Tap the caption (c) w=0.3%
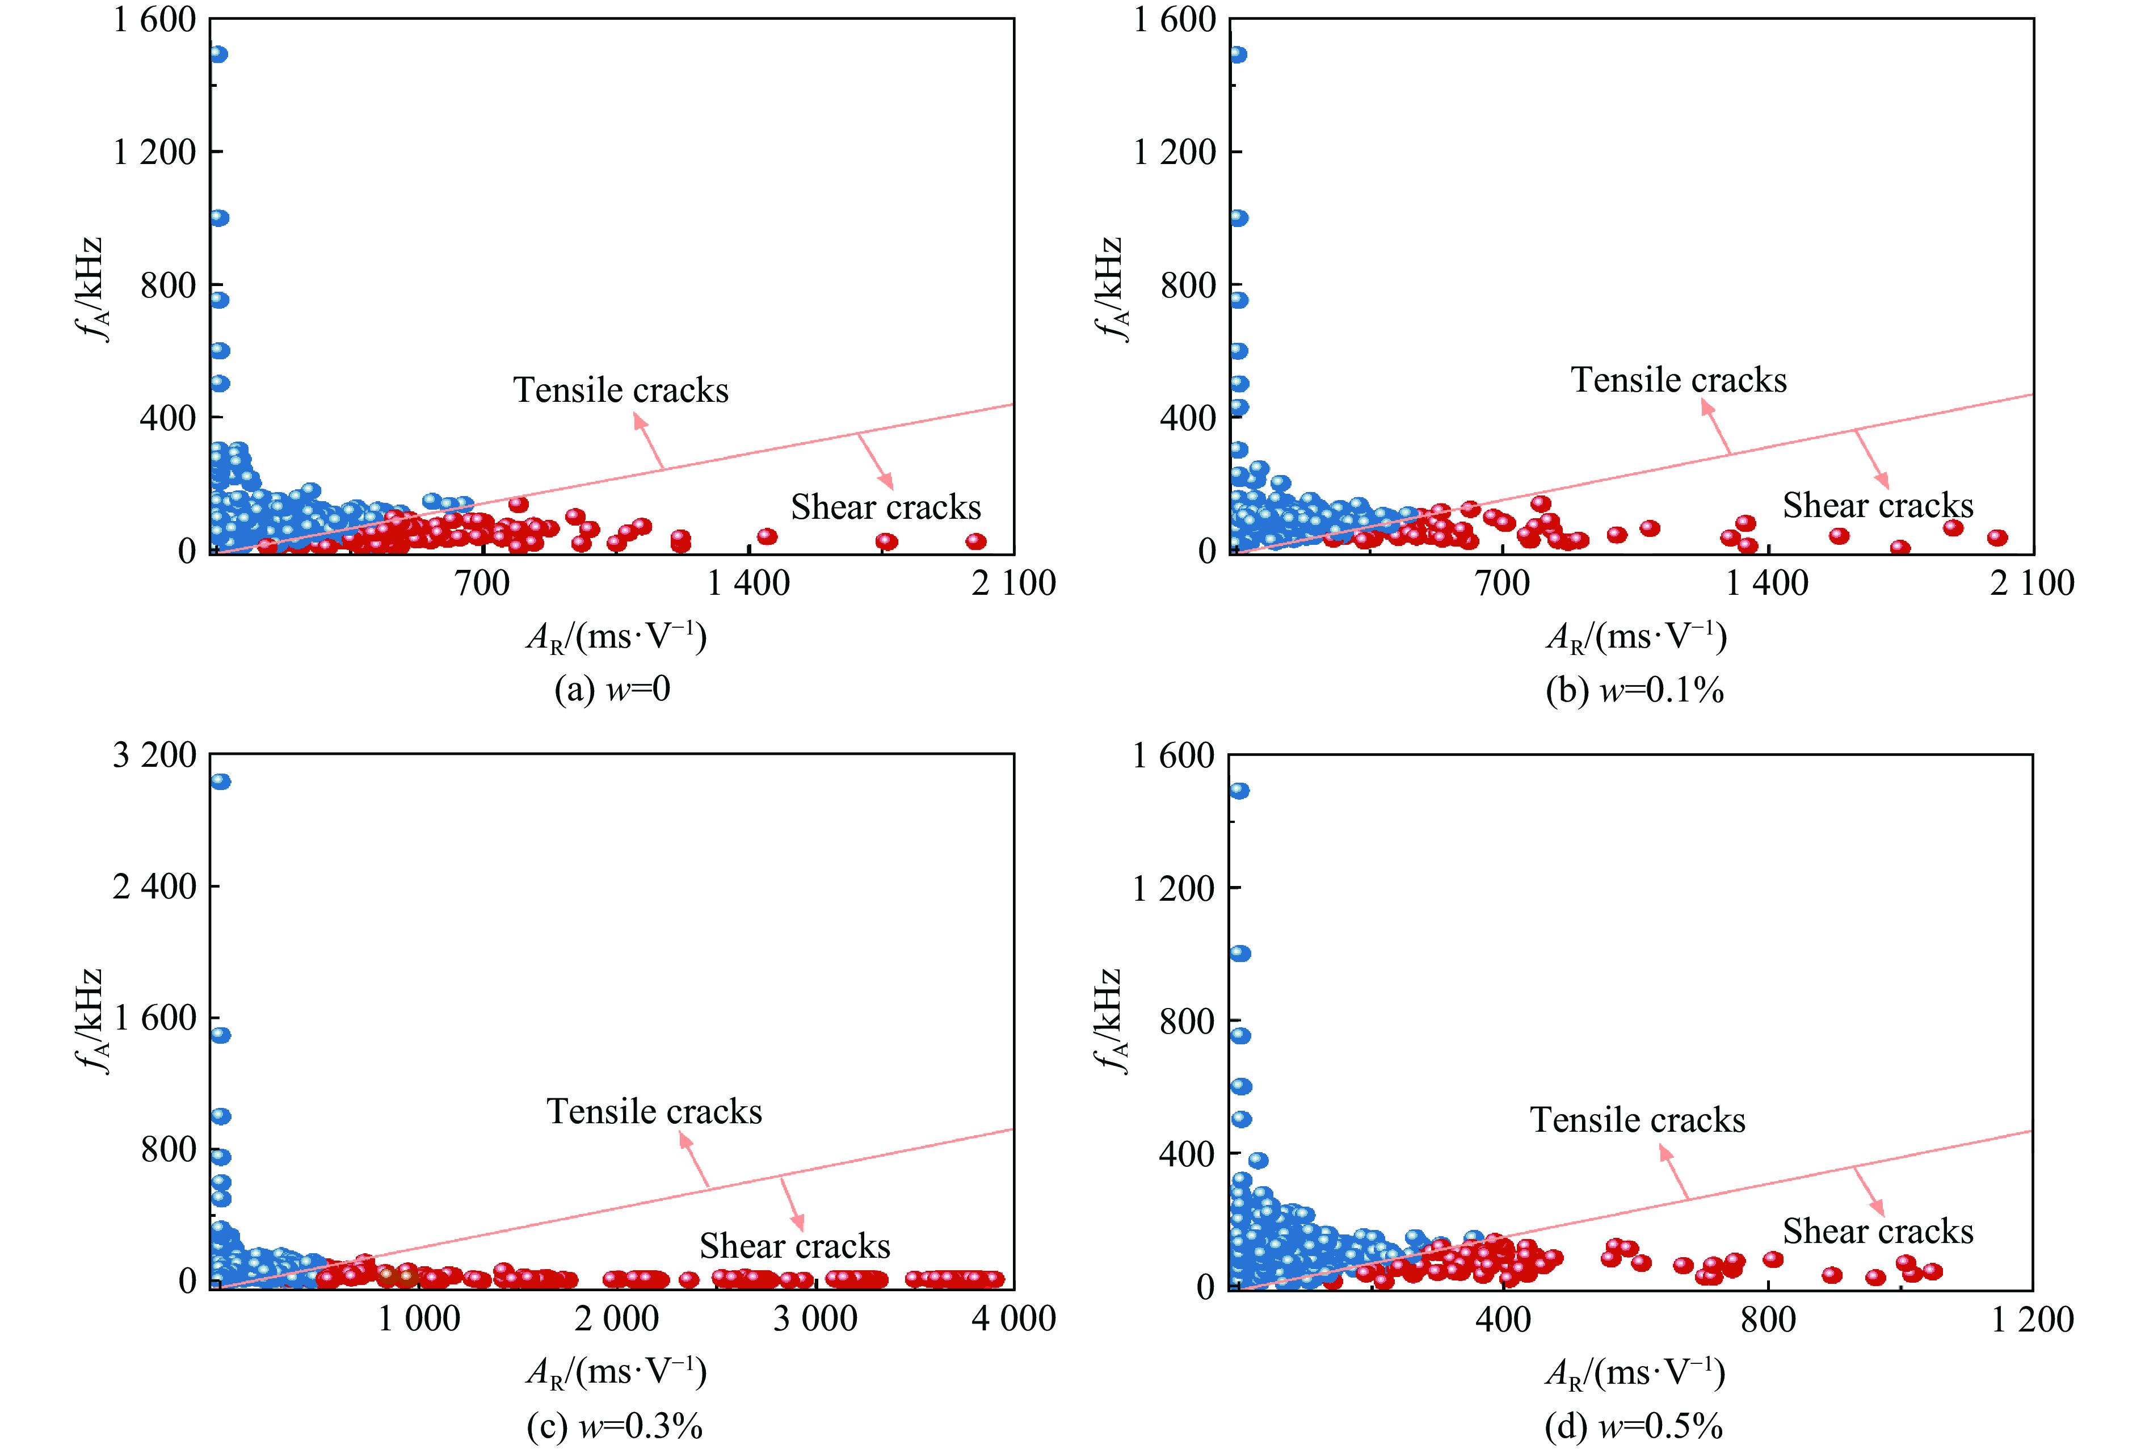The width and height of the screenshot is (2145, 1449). point(615,1426)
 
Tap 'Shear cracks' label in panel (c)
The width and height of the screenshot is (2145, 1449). point(794,1246)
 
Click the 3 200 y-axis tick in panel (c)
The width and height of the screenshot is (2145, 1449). point(154,755)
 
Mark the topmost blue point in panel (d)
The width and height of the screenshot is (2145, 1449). point(1239,791)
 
